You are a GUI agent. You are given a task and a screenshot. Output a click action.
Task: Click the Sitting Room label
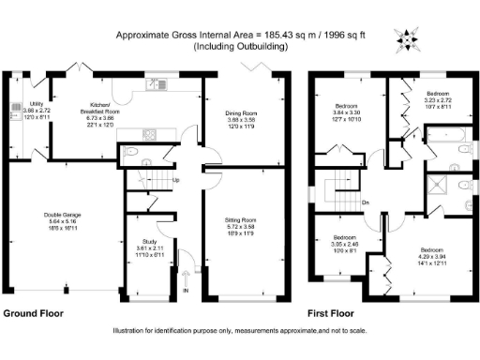coord(235,221)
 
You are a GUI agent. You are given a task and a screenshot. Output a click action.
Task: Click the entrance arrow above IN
coord(186,277)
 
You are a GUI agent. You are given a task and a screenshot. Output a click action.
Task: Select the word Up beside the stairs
coord(176,180)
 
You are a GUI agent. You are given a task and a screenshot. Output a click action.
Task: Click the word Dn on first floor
coord(366,202)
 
